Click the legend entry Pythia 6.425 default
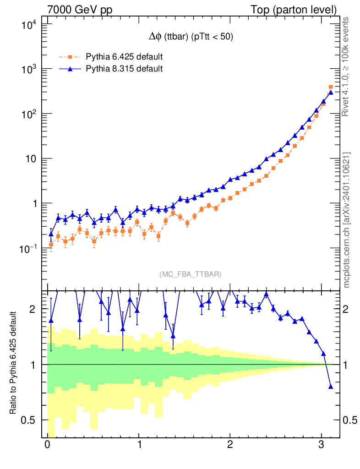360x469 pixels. coord(124,57)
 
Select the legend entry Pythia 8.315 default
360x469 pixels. coord(124,69)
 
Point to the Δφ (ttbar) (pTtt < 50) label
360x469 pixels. coord(188,38)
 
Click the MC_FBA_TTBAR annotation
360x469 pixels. coord(190,274)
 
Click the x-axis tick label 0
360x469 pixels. coord(47,445)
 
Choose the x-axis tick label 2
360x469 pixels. coord(230,445)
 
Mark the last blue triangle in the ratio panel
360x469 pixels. coord(331,387)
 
